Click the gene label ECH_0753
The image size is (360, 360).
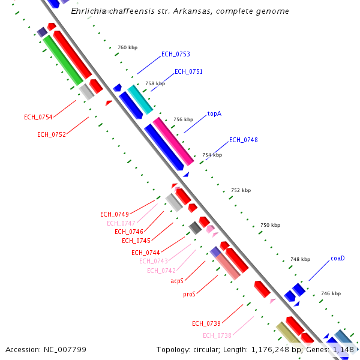tap(175, 54)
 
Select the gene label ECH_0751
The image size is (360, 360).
tap(188, 71)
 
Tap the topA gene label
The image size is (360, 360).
tap(214, 113)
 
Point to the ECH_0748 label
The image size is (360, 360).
tap(243, 140)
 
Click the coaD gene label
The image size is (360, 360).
tap(337, 259)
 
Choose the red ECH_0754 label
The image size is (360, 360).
tap(38, 117)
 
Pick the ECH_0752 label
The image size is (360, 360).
tap(51, 134)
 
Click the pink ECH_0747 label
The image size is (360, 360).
tap(121, 223)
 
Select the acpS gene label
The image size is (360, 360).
tap(176, 280)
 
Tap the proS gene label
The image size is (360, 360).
tap(189, 295)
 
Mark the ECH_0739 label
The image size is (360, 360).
tap(206, 323)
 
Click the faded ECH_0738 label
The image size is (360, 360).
tap(217, 335)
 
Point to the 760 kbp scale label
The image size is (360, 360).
tap(127, 47)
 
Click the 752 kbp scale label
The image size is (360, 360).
tap(241, 190)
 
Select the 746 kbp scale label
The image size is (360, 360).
tap(331, 293)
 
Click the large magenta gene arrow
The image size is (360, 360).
tap(173, 142)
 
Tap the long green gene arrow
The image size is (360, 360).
tap(63, 60)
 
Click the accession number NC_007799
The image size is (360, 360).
tap(46, 349)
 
